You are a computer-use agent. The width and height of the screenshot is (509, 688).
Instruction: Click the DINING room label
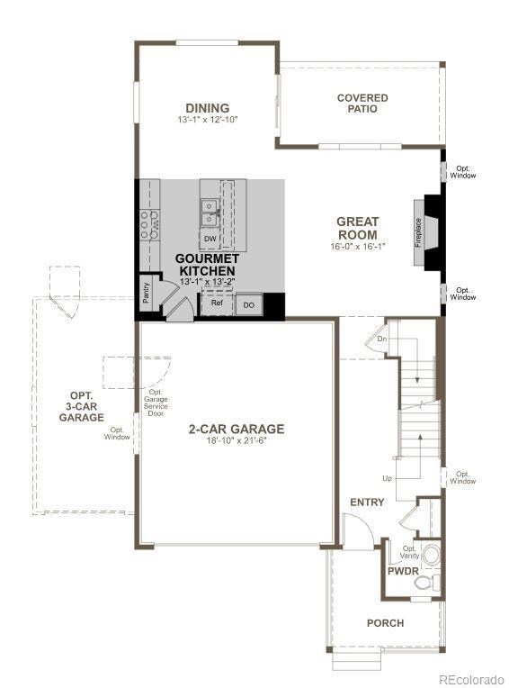207,108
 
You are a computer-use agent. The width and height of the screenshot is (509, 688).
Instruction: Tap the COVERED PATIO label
362,104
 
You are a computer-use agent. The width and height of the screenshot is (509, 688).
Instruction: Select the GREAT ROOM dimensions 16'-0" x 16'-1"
357,247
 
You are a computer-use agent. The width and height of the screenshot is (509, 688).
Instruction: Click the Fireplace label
418,232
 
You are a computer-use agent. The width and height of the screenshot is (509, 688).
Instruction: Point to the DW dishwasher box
210,240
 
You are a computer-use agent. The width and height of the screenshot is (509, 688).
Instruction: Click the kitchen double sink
210,213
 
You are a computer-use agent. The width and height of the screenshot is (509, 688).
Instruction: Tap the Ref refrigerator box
217,303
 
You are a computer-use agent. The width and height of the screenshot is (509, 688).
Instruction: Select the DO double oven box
249,304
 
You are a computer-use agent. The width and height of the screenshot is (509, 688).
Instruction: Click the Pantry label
147,292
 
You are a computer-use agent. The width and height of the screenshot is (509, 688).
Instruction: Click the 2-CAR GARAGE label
237,429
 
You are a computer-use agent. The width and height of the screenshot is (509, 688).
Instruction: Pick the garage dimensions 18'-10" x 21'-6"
237,440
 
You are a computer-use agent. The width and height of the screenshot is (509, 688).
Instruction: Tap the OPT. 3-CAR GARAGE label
82,407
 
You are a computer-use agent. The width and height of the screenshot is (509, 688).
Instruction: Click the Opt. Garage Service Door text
156,403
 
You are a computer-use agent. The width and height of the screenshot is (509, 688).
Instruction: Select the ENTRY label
367,502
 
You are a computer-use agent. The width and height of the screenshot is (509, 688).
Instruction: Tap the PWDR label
403,571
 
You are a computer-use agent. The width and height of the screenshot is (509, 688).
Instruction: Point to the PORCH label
386,622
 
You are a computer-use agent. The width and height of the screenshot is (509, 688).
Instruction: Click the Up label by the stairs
388,478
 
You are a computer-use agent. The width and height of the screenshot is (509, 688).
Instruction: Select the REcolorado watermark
471,680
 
